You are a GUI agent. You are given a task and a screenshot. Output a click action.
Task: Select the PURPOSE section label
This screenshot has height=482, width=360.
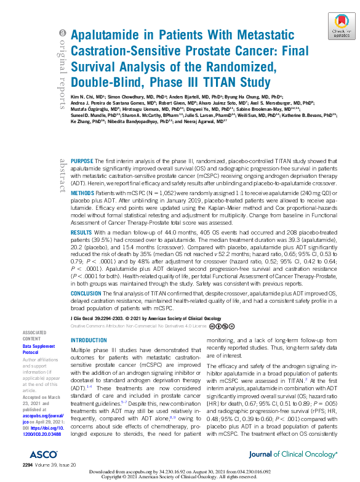(x=83, y=160)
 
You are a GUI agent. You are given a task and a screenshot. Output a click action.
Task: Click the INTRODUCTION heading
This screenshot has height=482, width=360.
(x=89, y=340)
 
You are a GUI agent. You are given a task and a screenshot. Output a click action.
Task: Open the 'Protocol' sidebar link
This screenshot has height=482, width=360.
(x=32, y=353)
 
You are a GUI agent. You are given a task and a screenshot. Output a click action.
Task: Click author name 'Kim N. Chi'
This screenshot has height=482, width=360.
(x=82, y=97)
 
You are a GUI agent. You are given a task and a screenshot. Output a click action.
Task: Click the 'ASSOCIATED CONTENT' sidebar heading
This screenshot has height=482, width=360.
(x=33, y=335)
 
